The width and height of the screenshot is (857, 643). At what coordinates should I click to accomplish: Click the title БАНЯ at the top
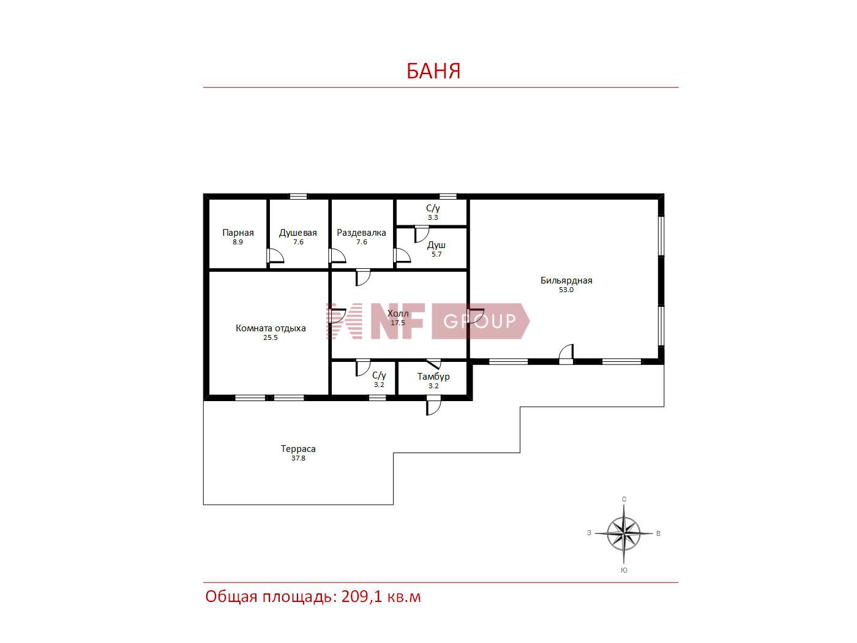pos(433,71)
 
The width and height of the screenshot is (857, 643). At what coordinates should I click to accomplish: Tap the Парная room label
pos(238,233)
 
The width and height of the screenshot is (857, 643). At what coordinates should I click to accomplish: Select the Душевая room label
pos(298,233)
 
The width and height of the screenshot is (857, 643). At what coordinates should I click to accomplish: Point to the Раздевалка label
pos(361,233)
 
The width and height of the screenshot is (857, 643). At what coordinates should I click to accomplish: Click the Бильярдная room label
pos(566,280)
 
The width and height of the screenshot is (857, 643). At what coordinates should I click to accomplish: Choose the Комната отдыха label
pos(271,328)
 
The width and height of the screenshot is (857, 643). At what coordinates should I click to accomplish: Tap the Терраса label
pos(298,449)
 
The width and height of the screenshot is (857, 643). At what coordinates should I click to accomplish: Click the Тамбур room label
pos(433,377)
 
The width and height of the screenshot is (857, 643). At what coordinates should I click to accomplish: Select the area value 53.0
pos(566,290)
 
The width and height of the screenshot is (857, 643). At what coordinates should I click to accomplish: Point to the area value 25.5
pos(270,337)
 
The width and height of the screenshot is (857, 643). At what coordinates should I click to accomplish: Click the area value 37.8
pos(298,458)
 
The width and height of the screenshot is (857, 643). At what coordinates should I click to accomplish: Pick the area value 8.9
pos(238,242)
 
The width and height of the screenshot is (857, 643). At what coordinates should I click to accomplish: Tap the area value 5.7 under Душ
pos(436,255)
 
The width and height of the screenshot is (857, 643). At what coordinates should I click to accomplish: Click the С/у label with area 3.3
pos(433,208)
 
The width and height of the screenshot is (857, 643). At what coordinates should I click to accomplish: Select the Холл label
pos(398,314)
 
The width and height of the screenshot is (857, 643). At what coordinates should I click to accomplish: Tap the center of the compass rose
pos(624,533)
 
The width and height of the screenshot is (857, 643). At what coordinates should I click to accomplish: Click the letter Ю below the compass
pos(624,570)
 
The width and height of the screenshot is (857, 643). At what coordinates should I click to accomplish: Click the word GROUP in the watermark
pos(479,321)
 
